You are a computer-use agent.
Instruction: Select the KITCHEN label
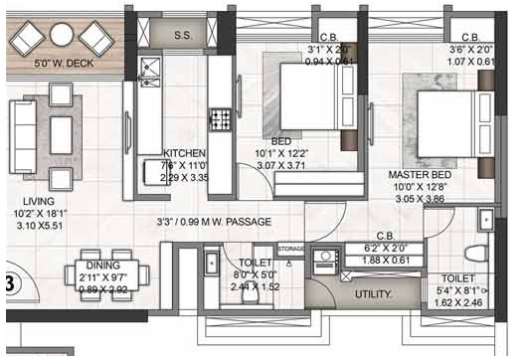coord(183,153)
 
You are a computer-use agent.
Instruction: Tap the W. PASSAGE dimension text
coord(214,222)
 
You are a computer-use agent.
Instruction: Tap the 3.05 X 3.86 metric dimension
coord(419,199)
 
